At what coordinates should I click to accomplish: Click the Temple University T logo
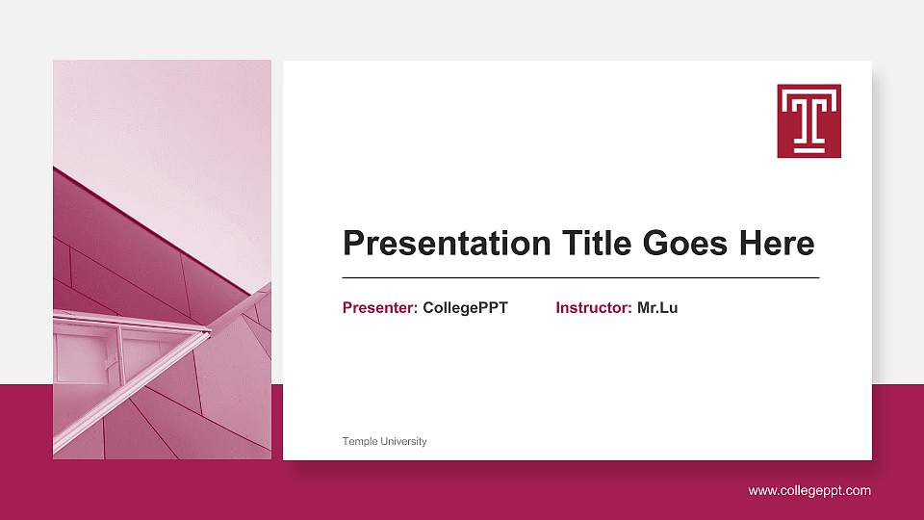tap(808, 120)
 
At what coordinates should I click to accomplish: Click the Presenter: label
tap(380, 308)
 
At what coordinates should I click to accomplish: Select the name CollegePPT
tap(465, 308)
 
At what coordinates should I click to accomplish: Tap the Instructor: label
tap(594, 308)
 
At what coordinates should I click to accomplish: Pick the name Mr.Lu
tap(657, 308)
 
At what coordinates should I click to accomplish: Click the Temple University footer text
tap(384, 441)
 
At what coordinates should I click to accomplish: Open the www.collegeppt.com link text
tap(809, 491)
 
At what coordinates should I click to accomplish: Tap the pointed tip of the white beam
tap(209, 331)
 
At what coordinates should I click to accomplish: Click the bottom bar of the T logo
tap(808, 149)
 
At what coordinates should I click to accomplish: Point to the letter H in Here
tap(750, 243)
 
